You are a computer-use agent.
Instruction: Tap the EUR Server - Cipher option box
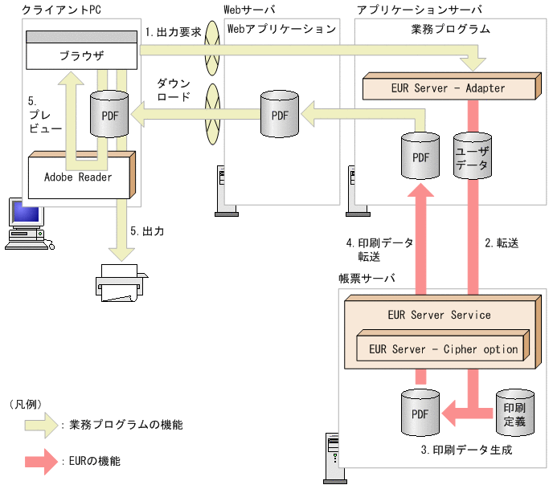(443, 348)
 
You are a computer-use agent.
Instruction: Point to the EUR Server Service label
(438, 314)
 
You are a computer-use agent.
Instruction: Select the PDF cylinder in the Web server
(280, 115)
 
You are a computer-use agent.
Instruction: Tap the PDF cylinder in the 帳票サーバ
(420, 413)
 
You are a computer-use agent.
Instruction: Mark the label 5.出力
(147, 230)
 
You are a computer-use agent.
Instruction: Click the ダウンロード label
(174, 90)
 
